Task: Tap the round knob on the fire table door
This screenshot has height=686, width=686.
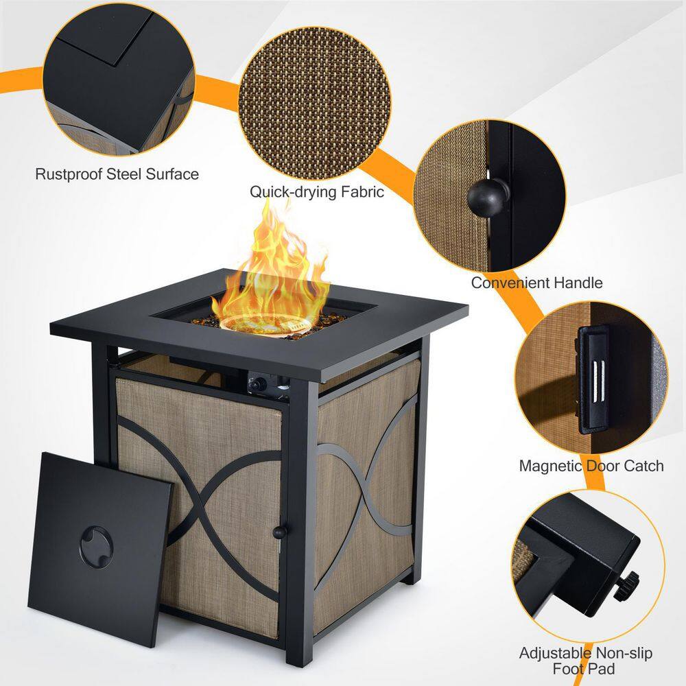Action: point(279,532)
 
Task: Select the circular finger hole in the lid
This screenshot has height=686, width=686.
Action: point(96,547)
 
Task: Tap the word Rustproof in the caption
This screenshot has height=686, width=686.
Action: point(69,174)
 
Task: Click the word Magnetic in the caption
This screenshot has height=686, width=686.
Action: point(551,466)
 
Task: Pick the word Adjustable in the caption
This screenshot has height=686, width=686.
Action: point(555,654)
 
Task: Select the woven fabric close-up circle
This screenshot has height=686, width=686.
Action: point(315,104)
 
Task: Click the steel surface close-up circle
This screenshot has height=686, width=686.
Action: point(119,79)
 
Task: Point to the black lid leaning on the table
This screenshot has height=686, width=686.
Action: point(99,549)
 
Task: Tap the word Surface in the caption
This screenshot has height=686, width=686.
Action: point(172,174)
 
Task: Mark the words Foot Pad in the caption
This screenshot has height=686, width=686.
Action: point(584,669)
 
